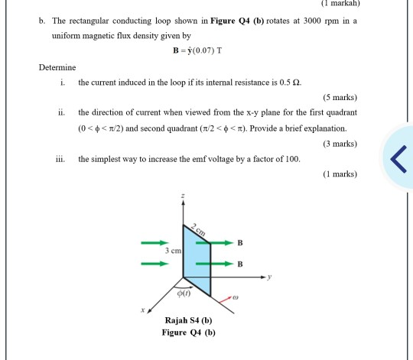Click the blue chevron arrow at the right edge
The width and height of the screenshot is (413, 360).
click(397, 158)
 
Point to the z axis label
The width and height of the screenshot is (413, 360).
click(182, 196)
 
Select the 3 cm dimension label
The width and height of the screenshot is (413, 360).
click(171, 251)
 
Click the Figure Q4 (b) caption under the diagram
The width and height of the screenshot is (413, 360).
click(189, 332)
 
